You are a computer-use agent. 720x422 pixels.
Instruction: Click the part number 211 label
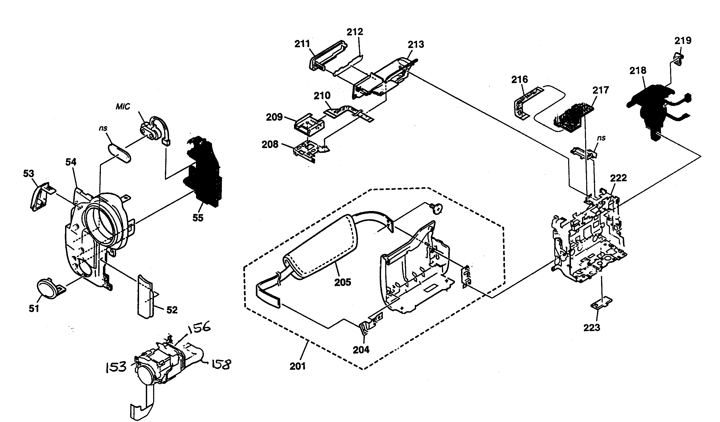tap(302, 44)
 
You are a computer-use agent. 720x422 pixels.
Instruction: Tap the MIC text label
tap(123, 107)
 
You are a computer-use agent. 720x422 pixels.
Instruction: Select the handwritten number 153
tap(116, 367)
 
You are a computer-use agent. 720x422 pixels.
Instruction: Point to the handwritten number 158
tap(221, 365)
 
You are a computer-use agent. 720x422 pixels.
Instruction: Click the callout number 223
tap(591, 327)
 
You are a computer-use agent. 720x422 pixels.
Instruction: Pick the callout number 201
tap(298, 366)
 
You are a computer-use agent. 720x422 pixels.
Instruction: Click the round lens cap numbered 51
tap(49, 288)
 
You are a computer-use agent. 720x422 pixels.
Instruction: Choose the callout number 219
tap(683, 40)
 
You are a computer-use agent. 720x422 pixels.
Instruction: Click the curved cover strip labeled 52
tap(146, 296)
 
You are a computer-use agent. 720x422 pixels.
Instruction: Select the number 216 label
tap(520, 79)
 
